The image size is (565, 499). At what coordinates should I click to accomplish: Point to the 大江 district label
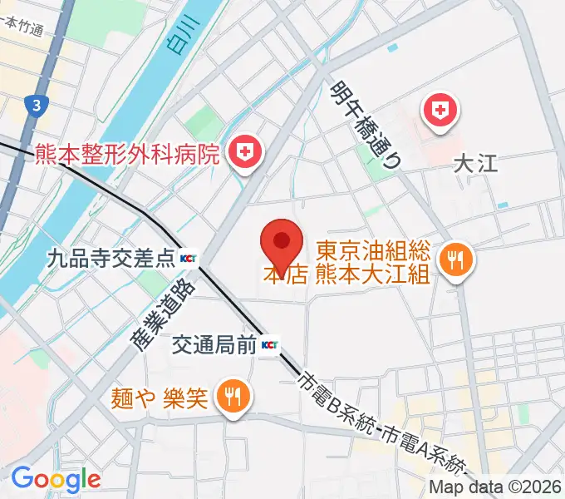[476, 163]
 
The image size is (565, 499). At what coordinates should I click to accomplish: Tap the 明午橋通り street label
[366, 126]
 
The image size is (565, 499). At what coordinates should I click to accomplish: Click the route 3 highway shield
[36, 105]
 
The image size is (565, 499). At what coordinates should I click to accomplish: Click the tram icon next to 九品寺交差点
[189, 259]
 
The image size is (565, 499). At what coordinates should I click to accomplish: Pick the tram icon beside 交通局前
[270, 344]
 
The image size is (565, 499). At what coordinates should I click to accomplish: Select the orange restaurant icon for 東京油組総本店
[456, 259]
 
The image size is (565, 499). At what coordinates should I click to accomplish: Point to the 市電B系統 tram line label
[337, 404]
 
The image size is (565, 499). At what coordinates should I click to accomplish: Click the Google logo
[56, 479]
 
